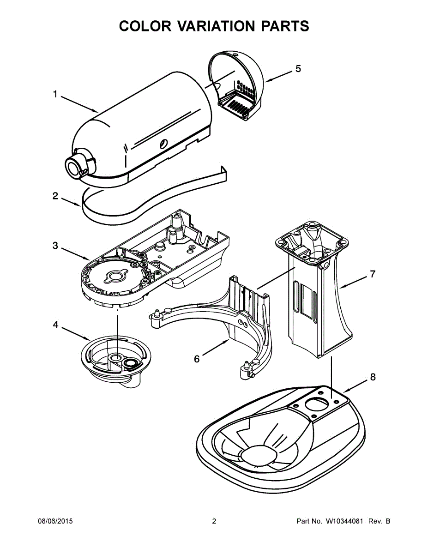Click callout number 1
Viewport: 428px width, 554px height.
pyautogui.click(x=55, y=95)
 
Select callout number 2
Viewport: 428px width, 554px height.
pyautogui.click(x=55, y=196)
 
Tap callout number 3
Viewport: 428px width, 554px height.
pyautogui.click(x=55, y=246)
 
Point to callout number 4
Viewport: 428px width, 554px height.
pyautogui.click(x=55, y=325)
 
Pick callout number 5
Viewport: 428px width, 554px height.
pyautogui.click(x=298, y=69)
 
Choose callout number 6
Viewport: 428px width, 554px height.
pyautogui.click(x=197, y=359)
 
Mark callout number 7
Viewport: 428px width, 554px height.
pyautogui.click(x=372, y=274)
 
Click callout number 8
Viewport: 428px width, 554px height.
pyautogui.click(x=372, y=377)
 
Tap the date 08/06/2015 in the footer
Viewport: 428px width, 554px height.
pyautogui.click(x=55, y=521)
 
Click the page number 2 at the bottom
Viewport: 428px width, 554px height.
pyautogui.click(x=214, y=521)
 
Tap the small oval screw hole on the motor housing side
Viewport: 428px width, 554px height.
pyautogui.click(x=163, y=144)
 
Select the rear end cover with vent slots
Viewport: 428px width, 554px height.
pyautogui.click(x=240, y=88)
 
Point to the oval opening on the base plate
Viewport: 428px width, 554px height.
pyautogui.click(x=316, y=403)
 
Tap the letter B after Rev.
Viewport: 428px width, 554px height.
pyautogui.click(x=388, y=521)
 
